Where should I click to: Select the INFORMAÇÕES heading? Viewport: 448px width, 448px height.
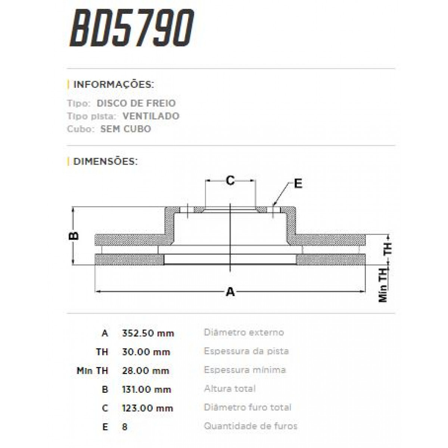(x=113, y=84)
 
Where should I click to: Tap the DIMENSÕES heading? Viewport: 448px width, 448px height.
(x=106, y=162)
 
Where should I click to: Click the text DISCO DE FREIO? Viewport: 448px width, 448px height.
(x=136, y=103)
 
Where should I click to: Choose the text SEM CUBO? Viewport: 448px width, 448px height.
(x=125, y=129)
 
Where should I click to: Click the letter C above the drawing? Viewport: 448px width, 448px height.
(x=230, y=181)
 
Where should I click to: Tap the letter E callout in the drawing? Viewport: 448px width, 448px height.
(x=298, y=184)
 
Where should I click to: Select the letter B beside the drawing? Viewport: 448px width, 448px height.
(x=74, y=236)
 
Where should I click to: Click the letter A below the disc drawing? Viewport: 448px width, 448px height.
(x=231, y=292)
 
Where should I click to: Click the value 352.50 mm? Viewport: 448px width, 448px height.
(x=148, y=333)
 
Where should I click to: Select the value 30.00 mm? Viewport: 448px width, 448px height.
(x=146, y=352)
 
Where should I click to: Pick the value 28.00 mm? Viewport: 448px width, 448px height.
(x=146, y=371)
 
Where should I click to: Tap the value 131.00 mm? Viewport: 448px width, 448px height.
(x=147, y=389)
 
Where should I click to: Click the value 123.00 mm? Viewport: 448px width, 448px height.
(x=148, y=408)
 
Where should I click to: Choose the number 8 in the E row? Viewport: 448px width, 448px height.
(x=125, y=427)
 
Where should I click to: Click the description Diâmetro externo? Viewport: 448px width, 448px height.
(x=244, y=332)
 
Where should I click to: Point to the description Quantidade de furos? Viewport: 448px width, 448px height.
(x=251, y=426)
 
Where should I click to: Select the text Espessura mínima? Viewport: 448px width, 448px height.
(x=245, y=370)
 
